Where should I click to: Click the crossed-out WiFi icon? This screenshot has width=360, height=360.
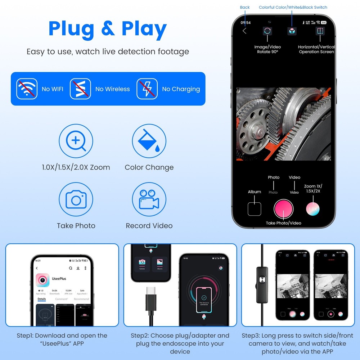click(27, 89)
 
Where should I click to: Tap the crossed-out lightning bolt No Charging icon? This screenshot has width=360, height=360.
click(147, 89)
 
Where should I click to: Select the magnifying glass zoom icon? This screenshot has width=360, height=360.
click(76, 141)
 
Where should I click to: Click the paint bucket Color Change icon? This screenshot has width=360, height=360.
click(149, 141)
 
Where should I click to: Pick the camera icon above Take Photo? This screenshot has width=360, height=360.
click(76, 200)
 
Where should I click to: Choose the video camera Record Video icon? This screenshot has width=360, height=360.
click(149, 200)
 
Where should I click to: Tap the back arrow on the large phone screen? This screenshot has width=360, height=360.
click(244, 31)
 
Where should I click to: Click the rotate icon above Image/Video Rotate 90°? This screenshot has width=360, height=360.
click(267, 31)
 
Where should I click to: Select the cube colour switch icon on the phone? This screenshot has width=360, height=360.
click(292, 31)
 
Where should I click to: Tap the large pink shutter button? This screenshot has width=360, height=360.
click(283, 208)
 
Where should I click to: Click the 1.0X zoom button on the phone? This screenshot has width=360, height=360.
click(312, 209)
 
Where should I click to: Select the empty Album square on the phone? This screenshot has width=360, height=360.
click(255, 209)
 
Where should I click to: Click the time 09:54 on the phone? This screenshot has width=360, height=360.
click(246, 23)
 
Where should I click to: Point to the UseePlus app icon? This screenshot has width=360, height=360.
click(43, 280)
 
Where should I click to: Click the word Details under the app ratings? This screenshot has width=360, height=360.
click(42, 299)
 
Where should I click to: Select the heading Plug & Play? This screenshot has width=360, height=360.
click(108, 29)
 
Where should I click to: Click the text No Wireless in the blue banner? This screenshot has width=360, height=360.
click(112, 89)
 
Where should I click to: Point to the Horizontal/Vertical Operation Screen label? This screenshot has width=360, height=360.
click(316, 49)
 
